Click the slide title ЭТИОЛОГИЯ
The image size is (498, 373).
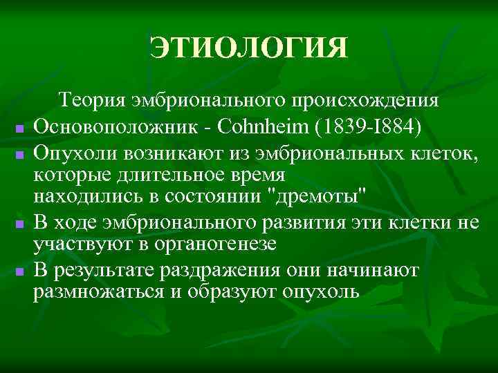[249, 49]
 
